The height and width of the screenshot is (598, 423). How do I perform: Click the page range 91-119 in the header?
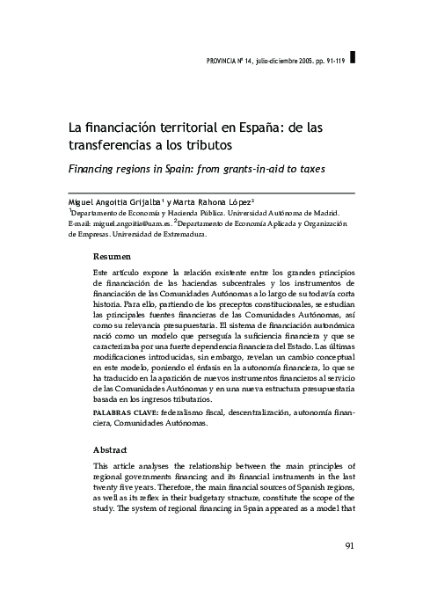point(330,60)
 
